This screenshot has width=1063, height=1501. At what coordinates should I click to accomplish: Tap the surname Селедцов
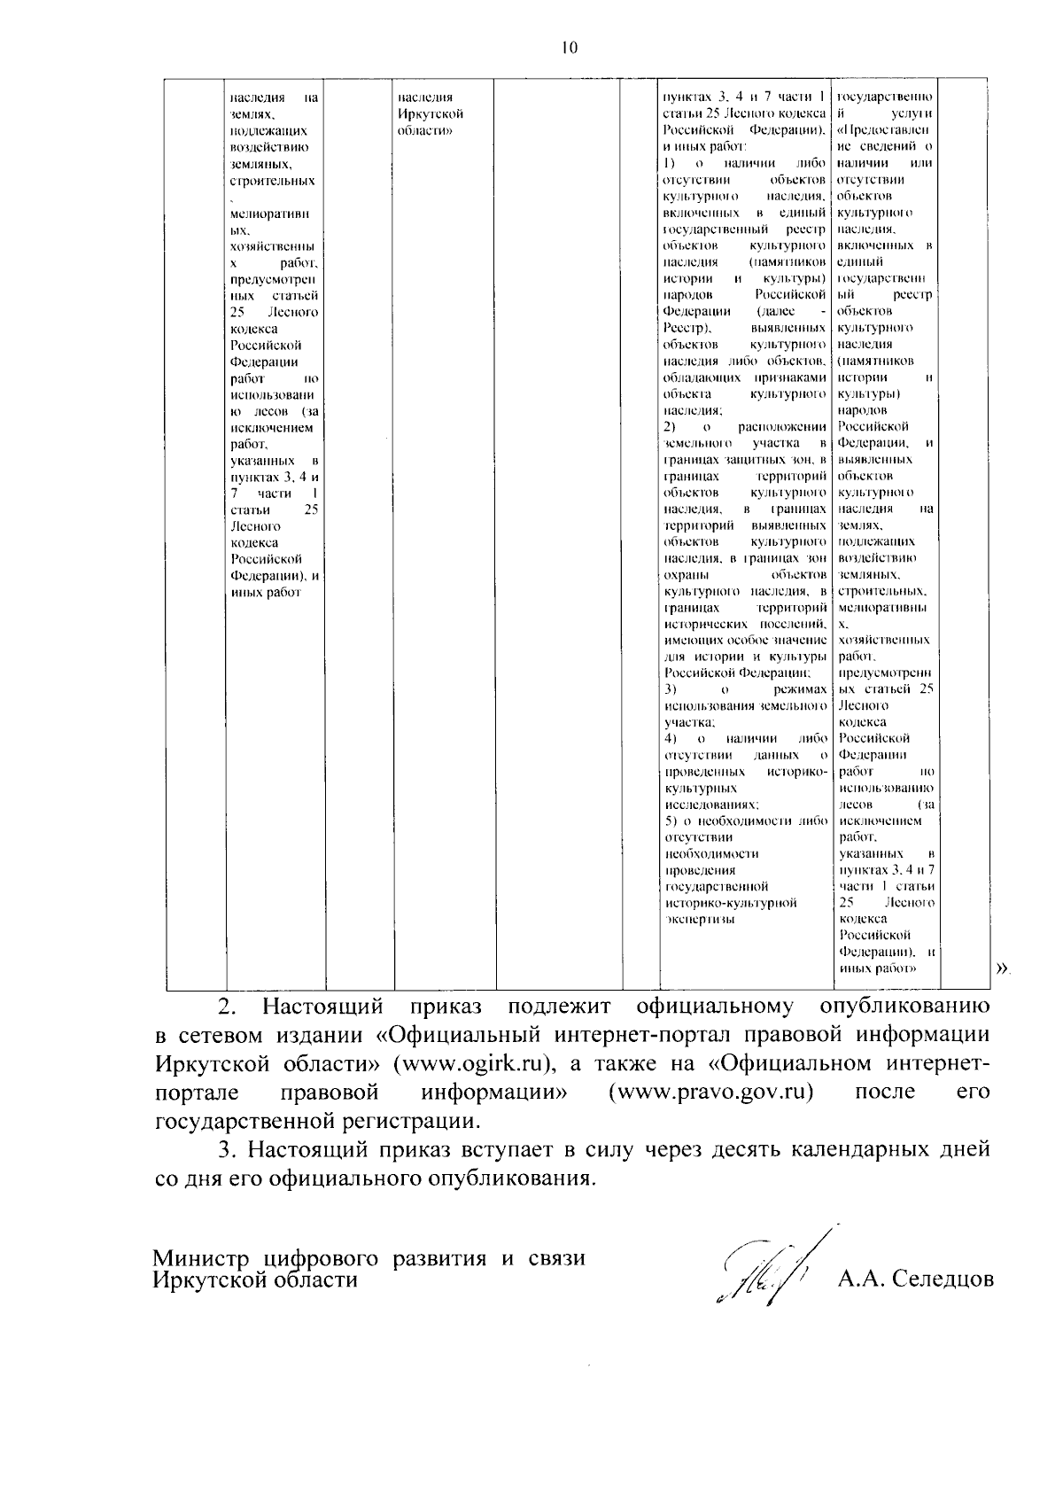tap(943, 1279)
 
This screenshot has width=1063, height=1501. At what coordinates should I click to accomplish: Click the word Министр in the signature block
tap(203, 1258)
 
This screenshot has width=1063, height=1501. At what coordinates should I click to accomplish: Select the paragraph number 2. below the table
tap(229, 1007)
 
